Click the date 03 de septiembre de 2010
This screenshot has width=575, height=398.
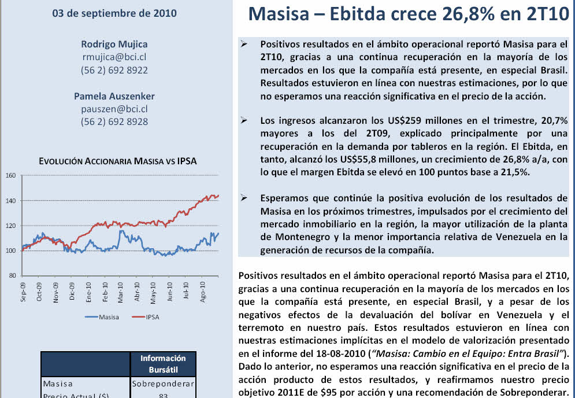(x=114, y=13)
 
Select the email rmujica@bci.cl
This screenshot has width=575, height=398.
(x=114, y=57)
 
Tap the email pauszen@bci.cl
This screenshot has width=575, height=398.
(x=114, y=109)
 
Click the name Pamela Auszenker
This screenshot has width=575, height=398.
(x=114, y=96)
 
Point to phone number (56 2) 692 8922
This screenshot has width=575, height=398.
(x=114, y=71)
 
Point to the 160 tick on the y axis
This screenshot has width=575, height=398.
(x=10, y=175)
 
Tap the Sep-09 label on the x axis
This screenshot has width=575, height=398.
(x=24, y=291)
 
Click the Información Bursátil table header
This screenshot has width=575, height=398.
(x=163, y=363)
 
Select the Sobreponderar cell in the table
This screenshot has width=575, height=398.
(x=163, y=383)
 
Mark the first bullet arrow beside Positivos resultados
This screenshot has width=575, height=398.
(x=244, y=44)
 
